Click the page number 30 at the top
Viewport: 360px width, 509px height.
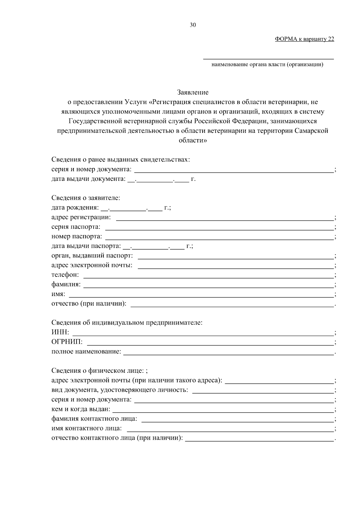193,25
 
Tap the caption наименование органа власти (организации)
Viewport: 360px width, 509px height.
267,64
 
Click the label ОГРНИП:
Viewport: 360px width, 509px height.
67,342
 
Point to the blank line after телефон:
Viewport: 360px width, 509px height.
208,277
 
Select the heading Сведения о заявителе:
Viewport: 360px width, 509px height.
85,198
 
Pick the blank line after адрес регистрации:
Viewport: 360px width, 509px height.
225,220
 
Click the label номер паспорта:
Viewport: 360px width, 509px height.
76,236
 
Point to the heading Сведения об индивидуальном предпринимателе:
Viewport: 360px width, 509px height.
127,323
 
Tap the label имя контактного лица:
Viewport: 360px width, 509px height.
86,428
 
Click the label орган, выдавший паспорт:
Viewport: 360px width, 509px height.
92,256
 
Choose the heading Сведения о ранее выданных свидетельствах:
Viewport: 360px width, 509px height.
121,160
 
